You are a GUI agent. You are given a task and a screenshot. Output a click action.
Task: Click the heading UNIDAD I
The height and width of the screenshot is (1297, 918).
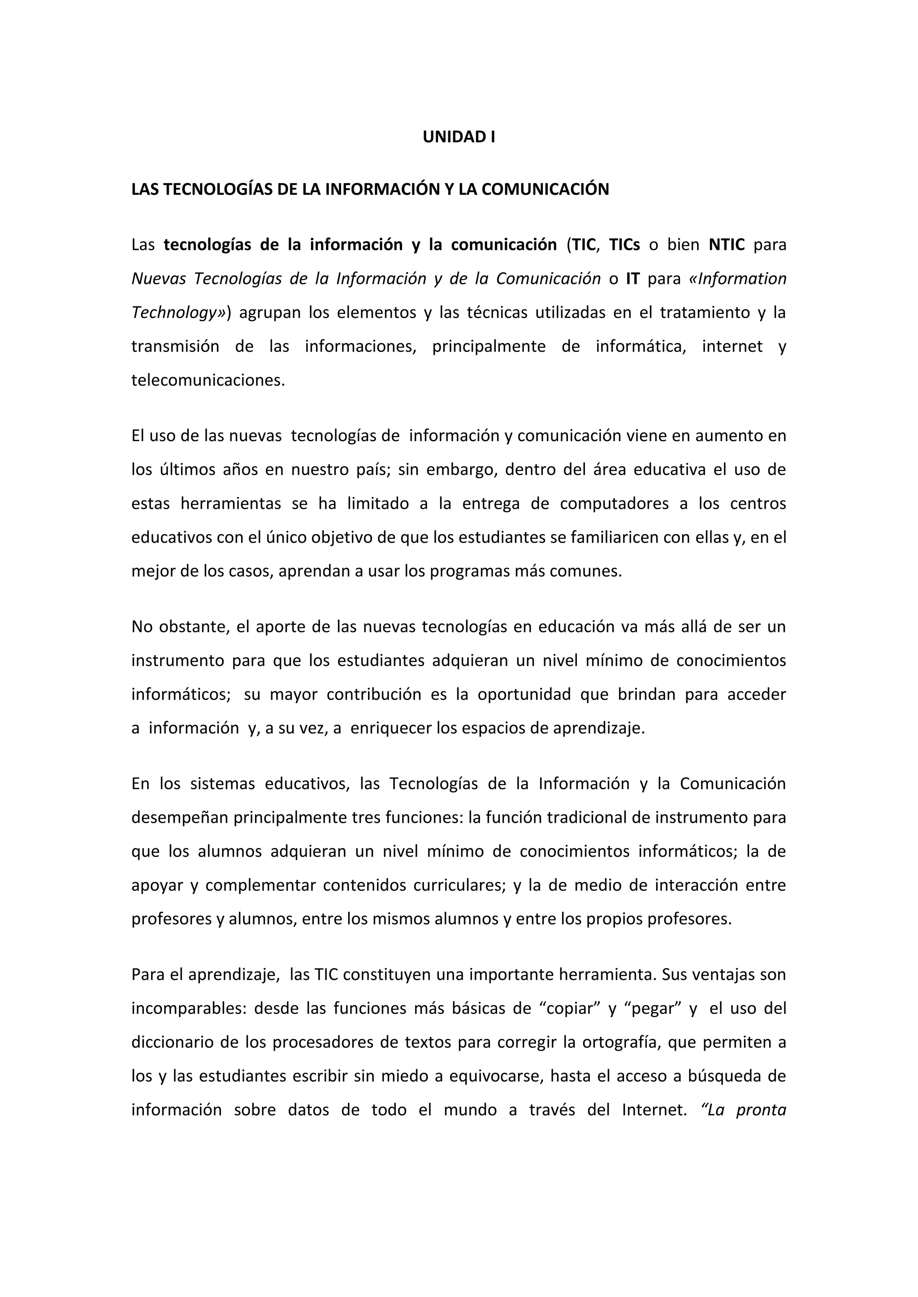[459, 137]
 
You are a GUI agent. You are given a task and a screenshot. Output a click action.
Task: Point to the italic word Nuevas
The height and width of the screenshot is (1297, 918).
[158, 279]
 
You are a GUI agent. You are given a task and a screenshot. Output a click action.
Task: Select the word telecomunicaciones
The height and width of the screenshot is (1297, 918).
[208, 381]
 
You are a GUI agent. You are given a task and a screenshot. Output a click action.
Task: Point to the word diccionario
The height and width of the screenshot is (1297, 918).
[173, 1043]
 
